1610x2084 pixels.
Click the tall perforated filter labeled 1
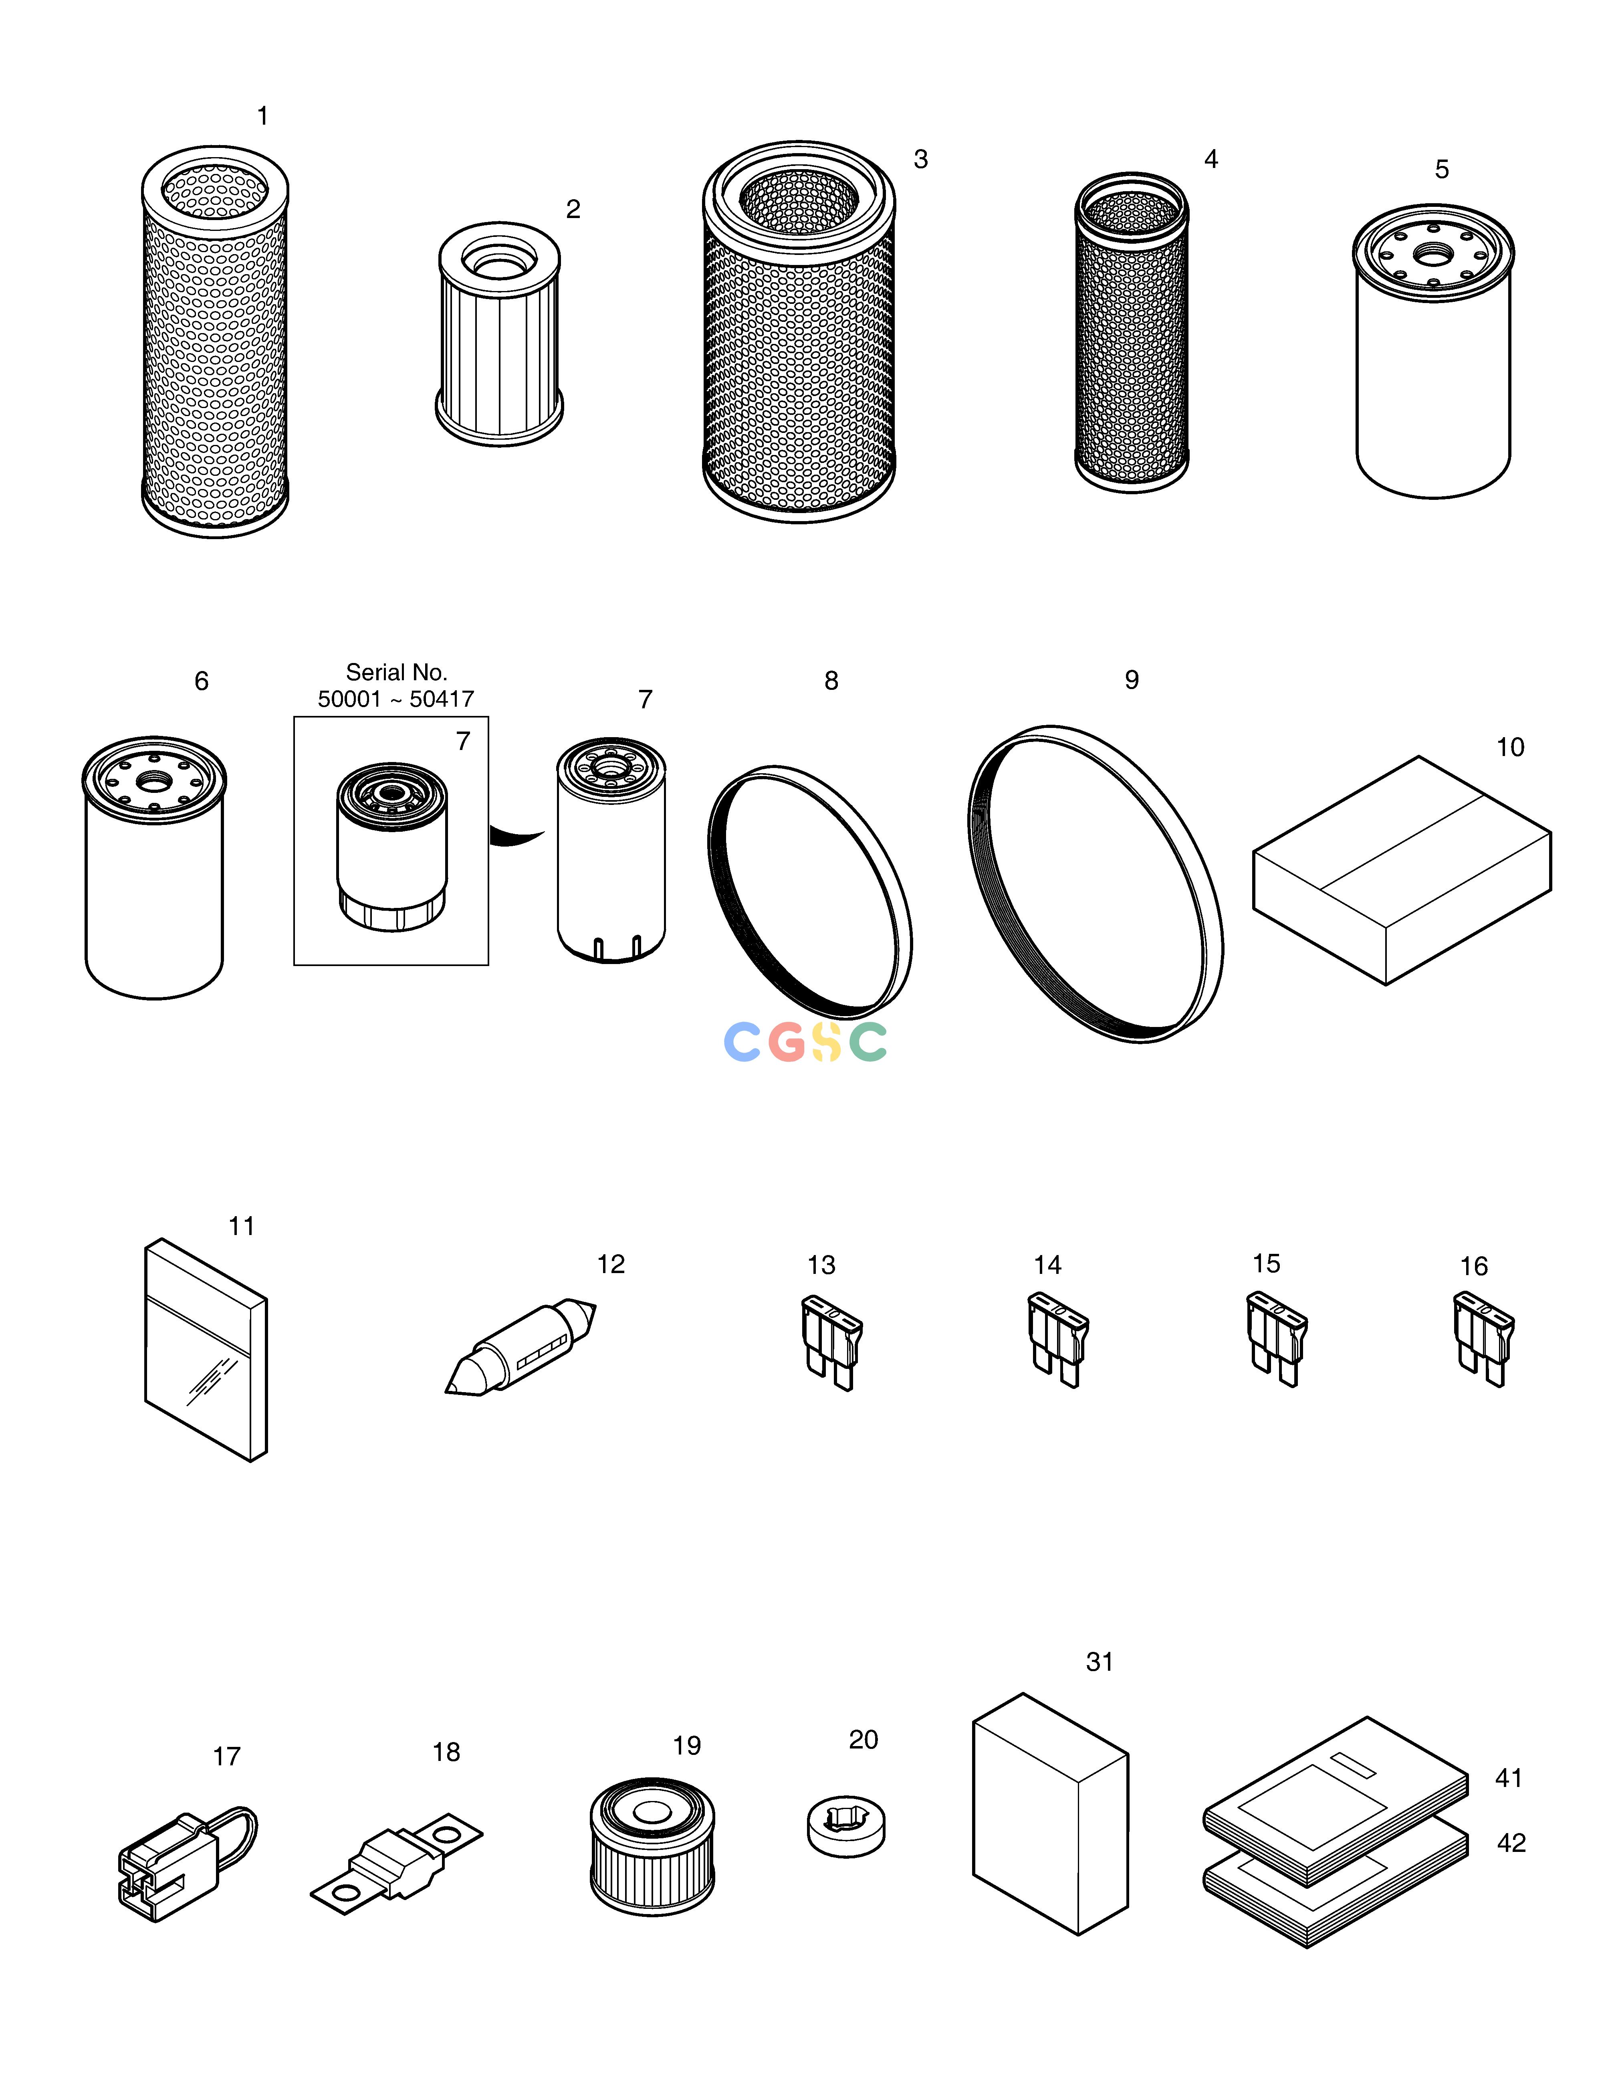pos(215,341)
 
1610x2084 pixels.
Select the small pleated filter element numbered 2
pos(499,334)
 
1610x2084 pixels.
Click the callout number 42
pos(1512,1843)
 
